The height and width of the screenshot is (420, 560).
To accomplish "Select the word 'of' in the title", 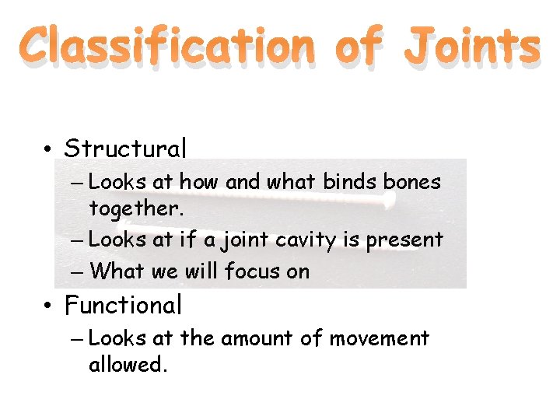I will (359, 47).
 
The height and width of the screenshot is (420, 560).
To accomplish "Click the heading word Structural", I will (125, 148).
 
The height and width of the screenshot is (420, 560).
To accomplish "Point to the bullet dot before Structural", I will (48, 149).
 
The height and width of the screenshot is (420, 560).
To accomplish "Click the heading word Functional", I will (123, 305).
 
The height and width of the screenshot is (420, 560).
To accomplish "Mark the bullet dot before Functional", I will (48, 306).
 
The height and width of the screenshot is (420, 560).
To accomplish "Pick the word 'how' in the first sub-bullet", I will (201, 182).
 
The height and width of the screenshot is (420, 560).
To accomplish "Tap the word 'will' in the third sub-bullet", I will (202, 271).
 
